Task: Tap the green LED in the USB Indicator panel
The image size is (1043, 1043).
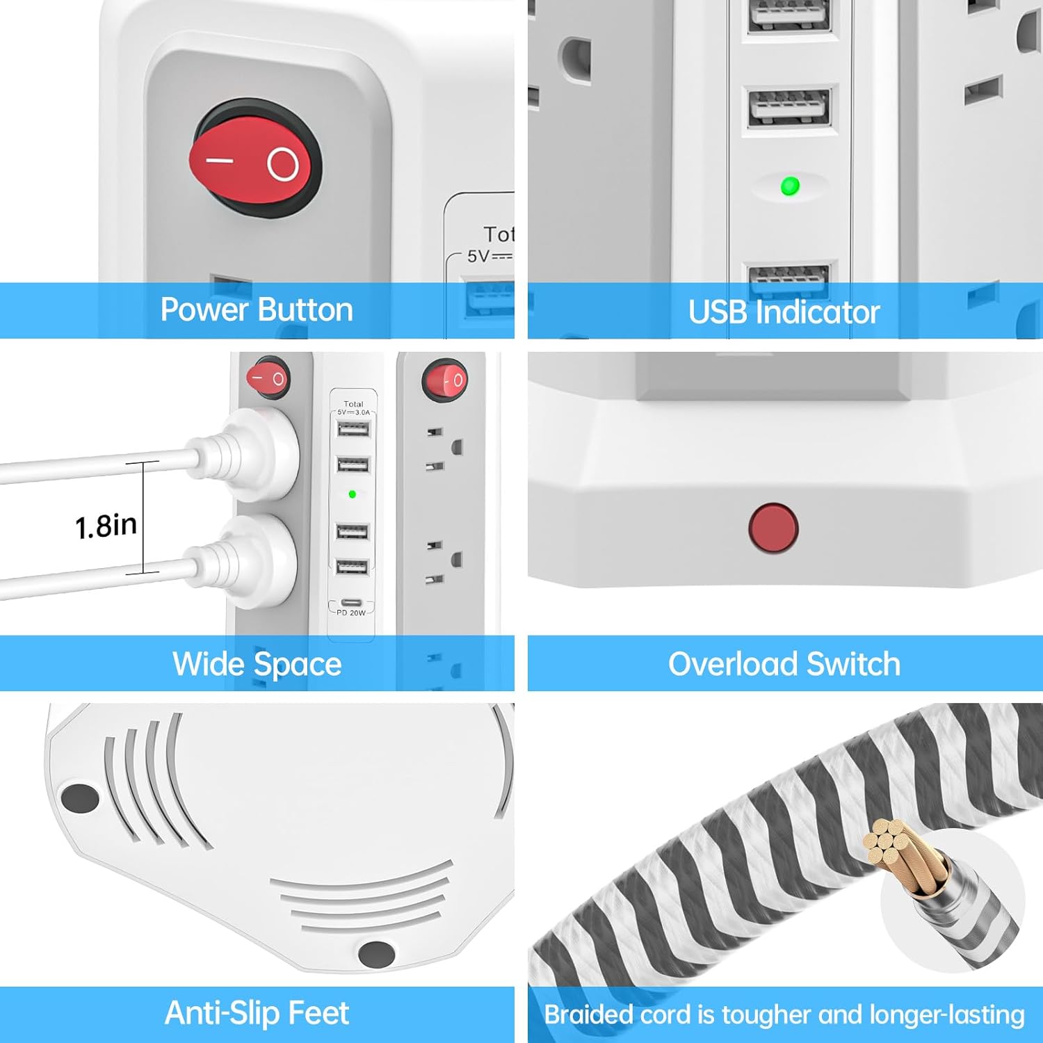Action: (x=790, y=186)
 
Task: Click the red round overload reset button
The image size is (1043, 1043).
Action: (x=773, y=528)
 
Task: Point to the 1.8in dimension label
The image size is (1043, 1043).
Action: (x=106, y=526)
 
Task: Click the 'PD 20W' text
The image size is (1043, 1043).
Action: (x=351, y=613)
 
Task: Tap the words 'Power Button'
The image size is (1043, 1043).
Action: (x=257, y=310)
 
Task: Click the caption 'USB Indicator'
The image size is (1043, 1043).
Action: (x=784, y=312)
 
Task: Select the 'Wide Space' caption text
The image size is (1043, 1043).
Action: (x=257, y=664)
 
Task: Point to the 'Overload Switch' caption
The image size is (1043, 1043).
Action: (x=784, y=664)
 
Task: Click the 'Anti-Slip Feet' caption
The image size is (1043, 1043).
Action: (x=257, y=1013)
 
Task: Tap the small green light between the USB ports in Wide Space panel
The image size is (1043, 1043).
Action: (x=353, y=494)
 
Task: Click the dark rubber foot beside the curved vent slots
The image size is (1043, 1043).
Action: (x=80, y=798)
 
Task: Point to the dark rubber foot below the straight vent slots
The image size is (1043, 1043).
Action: (x=376, y=953)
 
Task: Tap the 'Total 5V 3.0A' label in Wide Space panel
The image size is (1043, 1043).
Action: (x=353, y=408)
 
